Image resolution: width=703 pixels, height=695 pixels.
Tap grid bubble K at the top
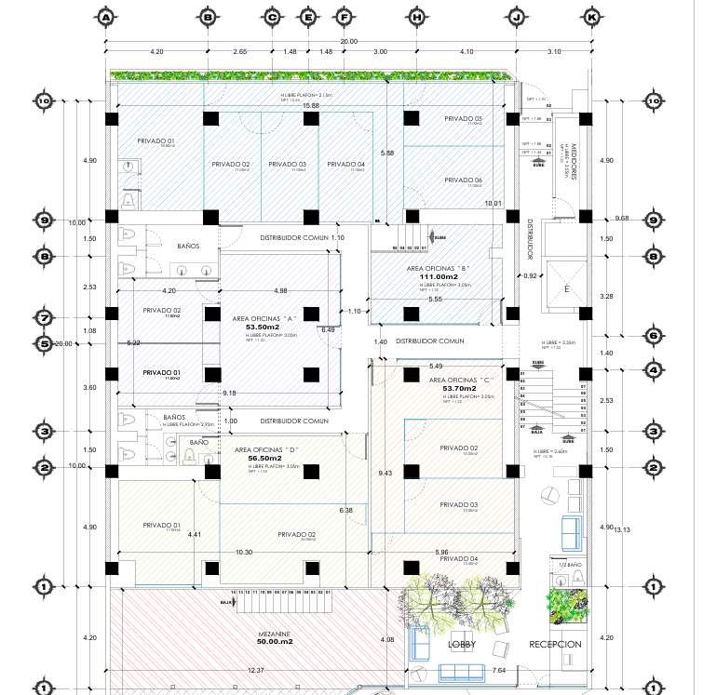coord(590,17)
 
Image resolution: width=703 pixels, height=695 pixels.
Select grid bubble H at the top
coord(416,17)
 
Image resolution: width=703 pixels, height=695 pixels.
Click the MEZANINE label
coord(274,634)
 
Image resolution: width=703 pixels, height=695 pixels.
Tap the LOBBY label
coord(462,645)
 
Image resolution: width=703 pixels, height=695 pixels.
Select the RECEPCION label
coord(555,645)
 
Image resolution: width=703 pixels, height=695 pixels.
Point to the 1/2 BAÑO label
coord(570,564)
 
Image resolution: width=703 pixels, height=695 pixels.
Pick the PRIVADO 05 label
coord(463,119)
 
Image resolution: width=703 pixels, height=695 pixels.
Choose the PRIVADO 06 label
coord(463,180)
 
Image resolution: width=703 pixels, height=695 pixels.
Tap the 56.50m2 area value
coord(264,459)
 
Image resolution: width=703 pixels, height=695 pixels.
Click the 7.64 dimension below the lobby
coord(498,670)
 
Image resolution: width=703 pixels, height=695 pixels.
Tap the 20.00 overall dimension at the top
coord(347,42)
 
